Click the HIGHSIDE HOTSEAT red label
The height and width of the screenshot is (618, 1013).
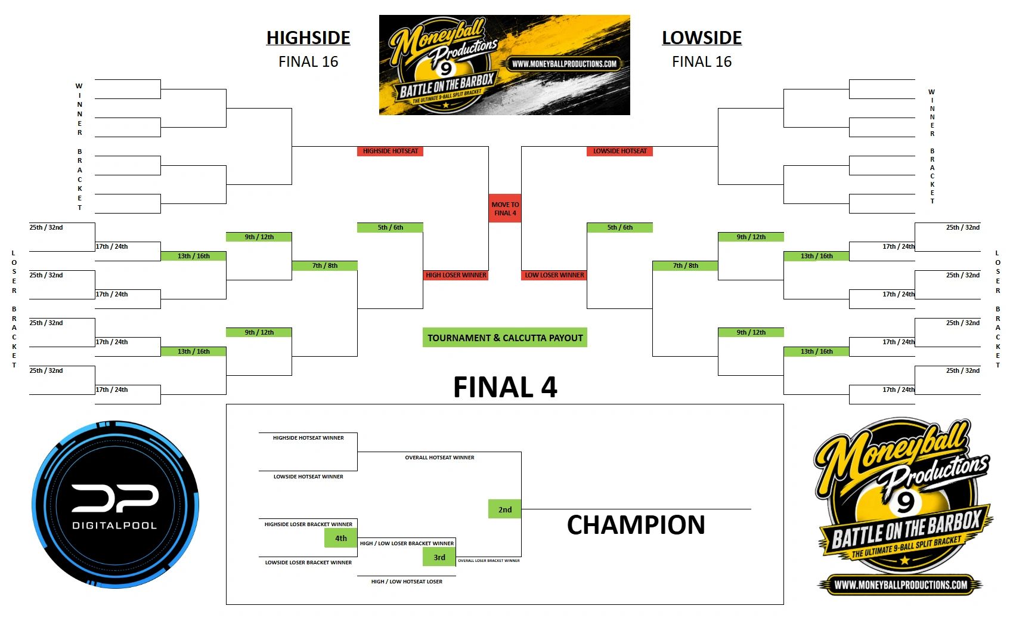click(391, 151)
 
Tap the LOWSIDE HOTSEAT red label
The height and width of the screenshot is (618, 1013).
click(619, 151)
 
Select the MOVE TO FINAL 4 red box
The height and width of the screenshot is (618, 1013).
click(505, 209)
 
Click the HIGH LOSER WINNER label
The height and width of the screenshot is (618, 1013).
click(456, 275)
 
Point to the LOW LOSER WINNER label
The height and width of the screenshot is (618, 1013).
click(554, 275)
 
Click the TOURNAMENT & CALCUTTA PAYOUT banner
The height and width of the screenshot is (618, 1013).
click(505, 338)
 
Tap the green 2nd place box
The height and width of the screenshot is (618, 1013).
click(504, 509)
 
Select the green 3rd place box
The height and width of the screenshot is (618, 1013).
click(439, 557)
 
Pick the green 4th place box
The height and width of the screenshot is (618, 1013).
click(340, 538)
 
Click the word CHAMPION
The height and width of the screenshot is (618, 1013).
click(636, 525)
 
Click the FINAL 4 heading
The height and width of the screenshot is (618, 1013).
click(505, 387)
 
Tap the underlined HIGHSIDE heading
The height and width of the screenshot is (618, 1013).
click(308, 38)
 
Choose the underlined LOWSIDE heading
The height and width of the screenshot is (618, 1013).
click(702, 38)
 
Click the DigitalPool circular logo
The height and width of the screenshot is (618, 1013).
click(115, 505)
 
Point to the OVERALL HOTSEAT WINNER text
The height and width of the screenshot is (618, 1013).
click(439, 458)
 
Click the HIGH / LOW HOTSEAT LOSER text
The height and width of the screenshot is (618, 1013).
click(407, 582)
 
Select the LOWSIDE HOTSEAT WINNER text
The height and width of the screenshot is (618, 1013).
click(308, 477)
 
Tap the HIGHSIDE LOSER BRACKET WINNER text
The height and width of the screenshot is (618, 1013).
click(308, 524)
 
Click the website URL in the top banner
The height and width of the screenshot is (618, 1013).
click(565, 64)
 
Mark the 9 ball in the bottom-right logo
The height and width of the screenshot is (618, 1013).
click(905, 501)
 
